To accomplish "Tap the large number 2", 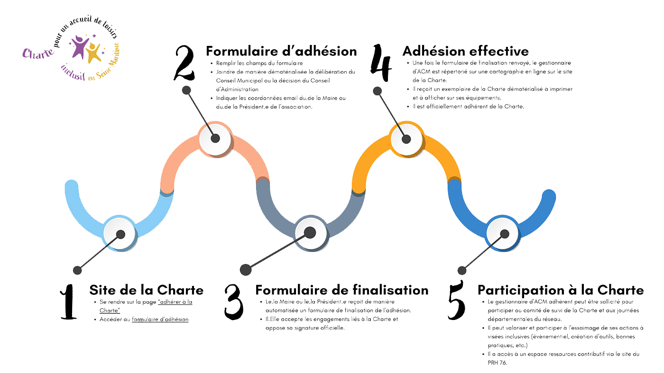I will [x=184, y=62].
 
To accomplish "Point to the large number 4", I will [x=382, y=62].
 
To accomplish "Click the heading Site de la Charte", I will [x=146, y=290].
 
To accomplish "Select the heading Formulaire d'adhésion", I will [x=281, y=51].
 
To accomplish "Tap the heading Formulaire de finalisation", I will [x=341, y=290].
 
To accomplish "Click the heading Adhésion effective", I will [x=465, y=51].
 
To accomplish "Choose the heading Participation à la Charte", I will [x=560, y=290].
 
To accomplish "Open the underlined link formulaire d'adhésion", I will [x=160, y=320].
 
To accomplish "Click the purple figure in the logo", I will [x=79, y=47].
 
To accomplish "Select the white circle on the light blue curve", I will [x=120, y=233].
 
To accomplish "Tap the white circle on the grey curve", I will [x=311, y=232].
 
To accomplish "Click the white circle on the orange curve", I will [x=406, y=138].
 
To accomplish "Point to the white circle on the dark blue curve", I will [x=503, y=233].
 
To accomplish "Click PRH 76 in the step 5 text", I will [x=498, y=363].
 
